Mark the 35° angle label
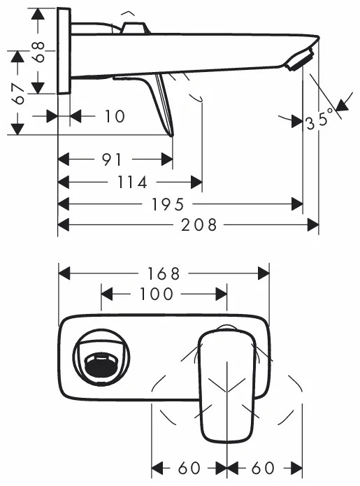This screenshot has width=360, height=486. pyautogui.click(x=318, y=121)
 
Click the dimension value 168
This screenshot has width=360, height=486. pyautogui.click(x=164, y=273)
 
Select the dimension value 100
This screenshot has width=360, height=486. pyautogui.click(x=157, y=294)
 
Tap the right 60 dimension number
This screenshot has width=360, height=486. pyautogui.click(x=264, y=467)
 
